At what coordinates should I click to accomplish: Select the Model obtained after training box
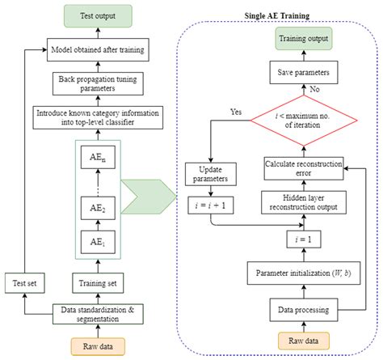pyautogui.click(x=97, y=51)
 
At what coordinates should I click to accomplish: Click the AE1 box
pyautogui.click(x=97, y=240)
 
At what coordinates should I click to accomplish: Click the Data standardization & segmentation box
pyautogui.click(x=97, y=314)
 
